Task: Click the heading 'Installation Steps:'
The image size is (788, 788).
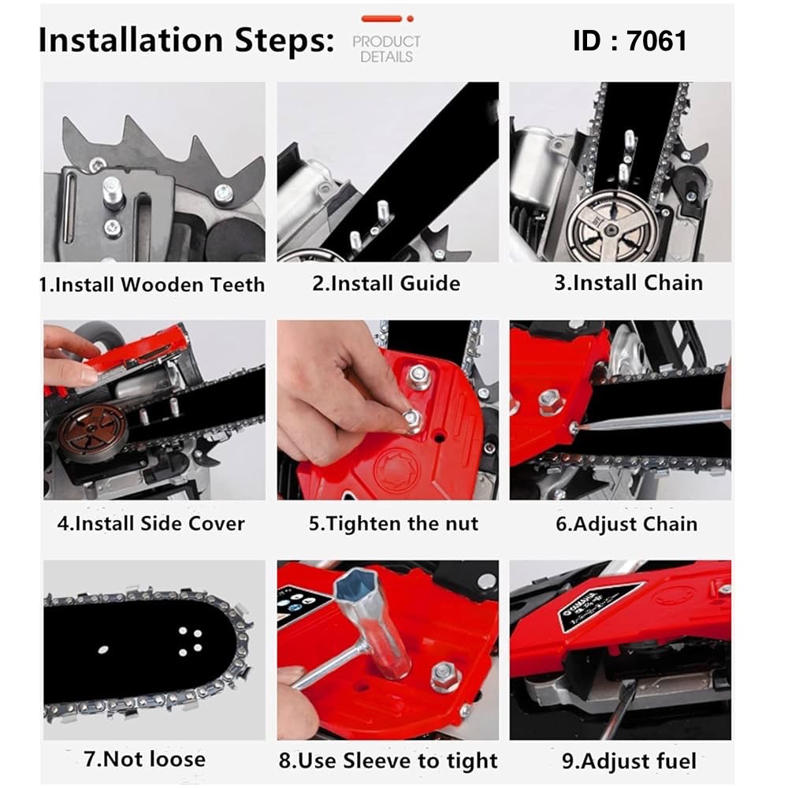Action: click(x=187, y=40)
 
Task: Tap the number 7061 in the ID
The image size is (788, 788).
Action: click(x=657, y=41)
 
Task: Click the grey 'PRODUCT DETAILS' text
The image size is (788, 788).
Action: click(x=386, y=49)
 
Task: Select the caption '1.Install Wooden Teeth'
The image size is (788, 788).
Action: click(x=152, y=284)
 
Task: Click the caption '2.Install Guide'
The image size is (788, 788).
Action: click(x=386, y=284)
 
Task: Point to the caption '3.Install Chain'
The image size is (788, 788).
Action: click(x=628, y=283)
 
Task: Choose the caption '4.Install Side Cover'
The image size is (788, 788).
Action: click(x=151, y=524)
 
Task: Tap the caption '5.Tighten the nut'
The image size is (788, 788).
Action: click(x=393, y=524)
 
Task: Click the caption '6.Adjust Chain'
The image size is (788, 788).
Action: click(x=626, y=524)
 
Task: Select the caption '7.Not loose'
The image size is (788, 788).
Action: click(x=145, y=759)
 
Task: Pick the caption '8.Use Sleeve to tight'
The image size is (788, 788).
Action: click(x=388, y=760)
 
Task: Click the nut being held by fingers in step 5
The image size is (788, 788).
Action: click(x=413, y=421)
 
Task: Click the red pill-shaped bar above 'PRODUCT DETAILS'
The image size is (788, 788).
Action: click(x=381, y=19)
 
